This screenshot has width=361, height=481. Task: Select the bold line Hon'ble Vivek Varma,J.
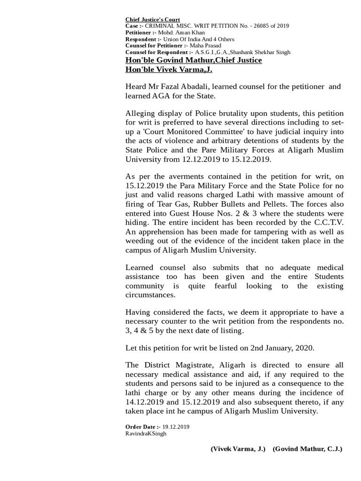(169, 70)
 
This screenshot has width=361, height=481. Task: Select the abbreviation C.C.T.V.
(328, 223)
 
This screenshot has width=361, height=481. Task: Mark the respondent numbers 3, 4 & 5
(143, 331)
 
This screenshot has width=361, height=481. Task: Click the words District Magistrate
(171, 365)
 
